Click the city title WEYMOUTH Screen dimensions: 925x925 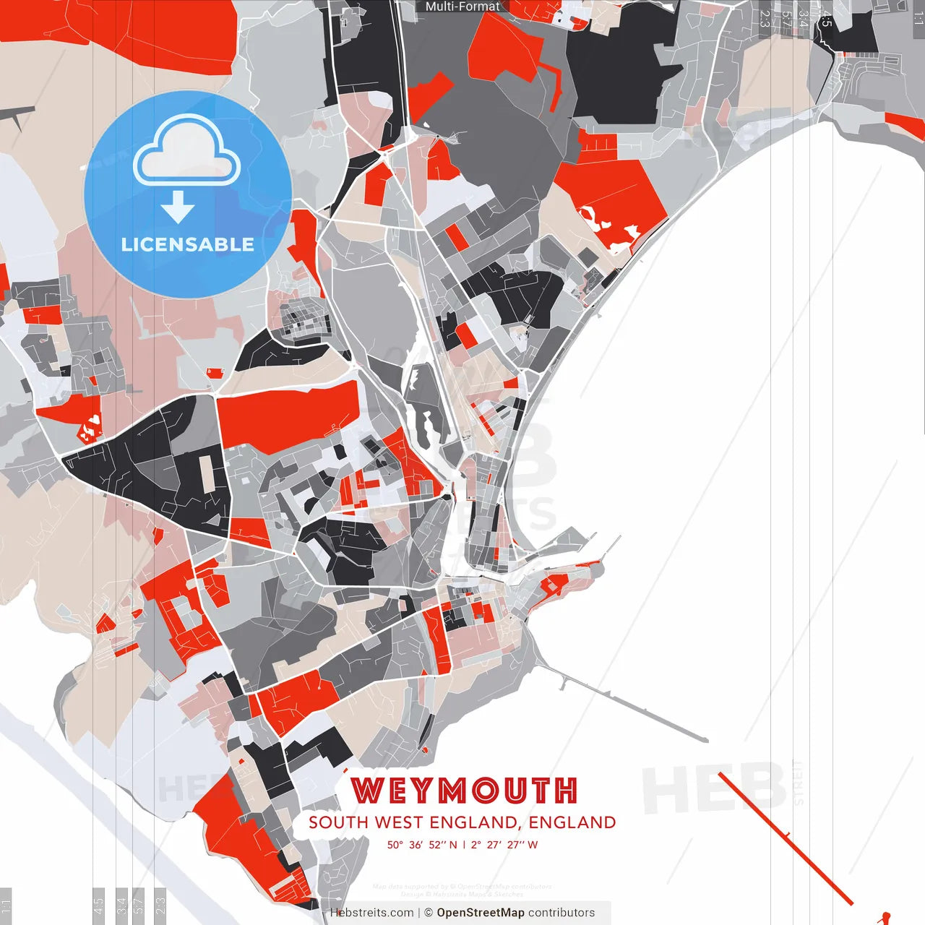pos(464,791)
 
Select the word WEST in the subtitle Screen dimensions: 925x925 pos(398,822)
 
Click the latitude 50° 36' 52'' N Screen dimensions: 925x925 pos(422,845)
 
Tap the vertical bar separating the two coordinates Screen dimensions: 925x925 pos(464,845)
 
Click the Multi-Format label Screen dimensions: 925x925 pos(462,7)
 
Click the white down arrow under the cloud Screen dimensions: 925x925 pos(178,207)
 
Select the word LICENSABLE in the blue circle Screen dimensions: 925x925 pos(188,244)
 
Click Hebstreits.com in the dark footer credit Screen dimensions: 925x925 pos(371,913)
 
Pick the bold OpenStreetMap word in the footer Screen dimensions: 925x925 pos(481,913)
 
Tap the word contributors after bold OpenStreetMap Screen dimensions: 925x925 pos(562,913)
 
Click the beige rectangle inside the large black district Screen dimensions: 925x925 pos(207,473)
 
